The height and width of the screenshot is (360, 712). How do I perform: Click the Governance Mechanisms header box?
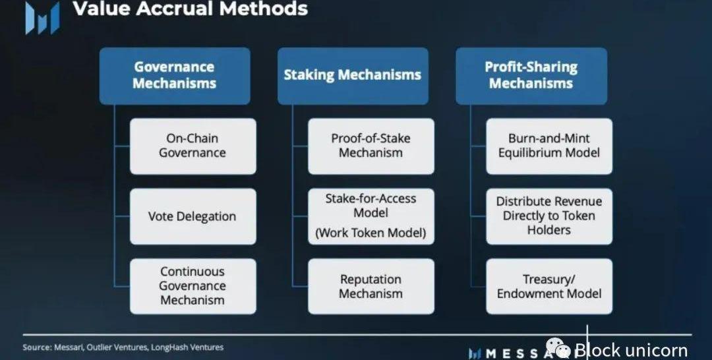click(x=175, y=75)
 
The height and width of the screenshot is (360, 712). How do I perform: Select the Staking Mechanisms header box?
click(x=352, y=75)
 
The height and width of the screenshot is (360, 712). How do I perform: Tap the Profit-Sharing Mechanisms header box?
click(x=531, y=75)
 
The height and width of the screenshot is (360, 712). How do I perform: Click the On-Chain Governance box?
click(x=193, y=146)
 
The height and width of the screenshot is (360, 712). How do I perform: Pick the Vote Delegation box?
click(x=193, y=216)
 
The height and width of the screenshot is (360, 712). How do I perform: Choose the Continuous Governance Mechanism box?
click(x=193, y=285)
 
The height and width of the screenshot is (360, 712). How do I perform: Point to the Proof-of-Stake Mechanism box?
click(x=371, y=146)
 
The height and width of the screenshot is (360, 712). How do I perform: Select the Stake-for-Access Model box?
click(x=371, y=206)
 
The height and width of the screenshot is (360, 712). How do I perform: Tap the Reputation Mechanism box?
click(x=371, y=285)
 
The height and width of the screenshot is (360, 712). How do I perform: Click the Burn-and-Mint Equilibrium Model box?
click(x=549, y=146)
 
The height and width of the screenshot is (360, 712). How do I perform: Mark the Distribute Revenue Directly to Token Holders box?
click(x=549, y=216)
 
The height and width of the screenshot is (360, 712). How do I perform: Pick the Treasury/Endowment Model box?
click(x=549, y=285)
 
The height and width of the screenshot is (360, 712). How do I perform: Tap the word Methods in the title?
click(x=270, y=9)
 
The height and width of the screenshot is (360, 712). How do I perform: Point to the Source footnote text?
click(x=123, y=347)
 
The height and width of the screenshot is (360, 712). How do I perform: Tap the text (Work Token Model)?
click(x=371, y=233)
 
